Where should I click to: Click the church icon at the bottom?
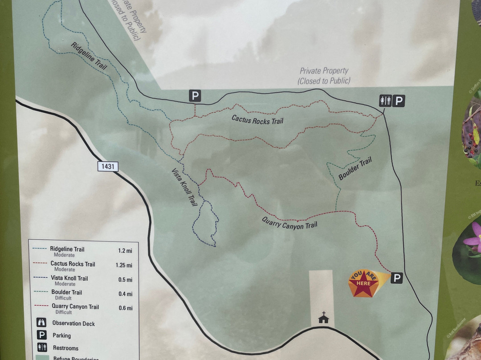click(323, 318)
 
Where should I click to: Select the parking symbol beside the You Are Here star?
click(396, 278)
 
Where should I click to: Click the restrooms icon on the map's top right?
click(385, 101)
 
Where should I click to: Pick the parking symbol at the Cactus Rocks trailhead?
click(195, 95)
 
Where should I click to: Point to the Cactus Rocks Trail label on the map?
click(257, 119)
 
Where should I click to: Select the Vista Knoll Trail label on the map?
click(184, 187)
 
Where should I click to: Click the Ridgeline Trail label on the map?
click(89, 55)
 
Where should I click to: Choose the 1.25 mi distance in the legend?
click(124, 265)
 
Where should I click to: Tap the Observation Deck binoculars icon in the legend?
click(41, 323)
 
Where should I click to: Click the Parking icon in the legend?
click(41, 335)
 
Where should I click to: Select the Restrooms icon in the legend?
click(41, 348)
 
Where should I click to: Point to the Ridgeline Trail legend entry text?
click(67, 250)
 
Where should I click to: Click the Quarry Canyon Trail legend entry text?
click(75, 307)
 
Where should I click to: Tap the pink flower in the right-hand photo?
click(473, 238)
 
